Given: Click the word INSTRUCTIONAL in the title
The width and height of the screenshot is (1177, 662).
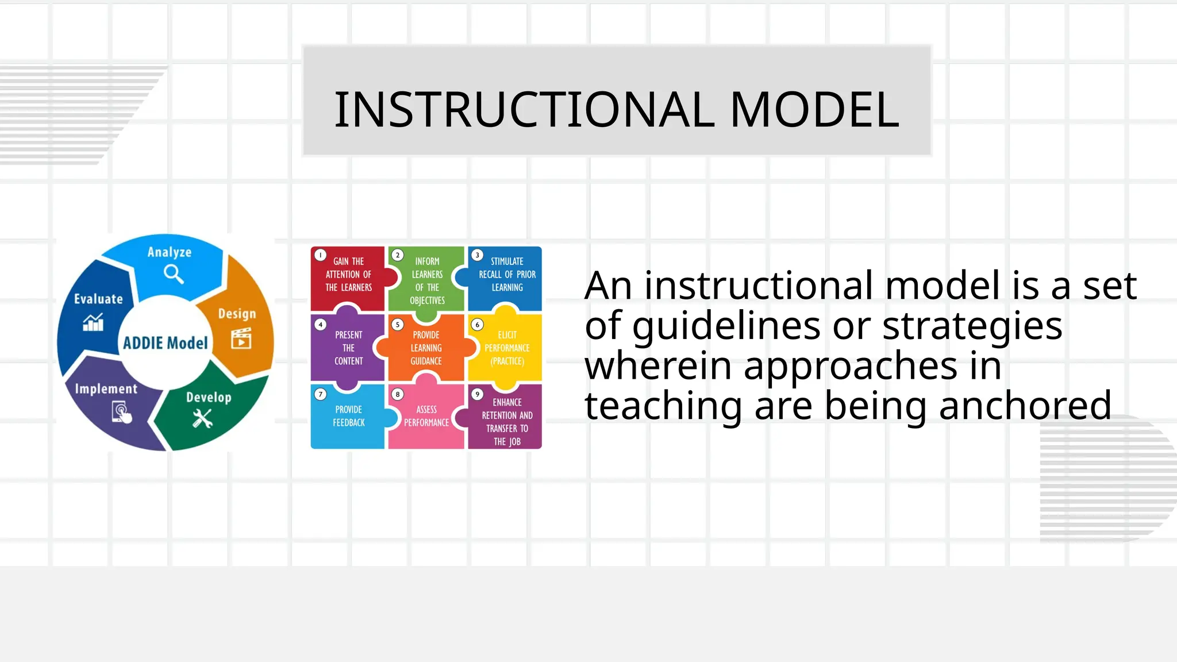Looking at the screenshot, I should click(524, 110).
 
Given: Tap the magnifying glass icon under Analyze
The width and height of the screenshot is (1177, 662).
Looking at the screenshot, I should click(173, 274).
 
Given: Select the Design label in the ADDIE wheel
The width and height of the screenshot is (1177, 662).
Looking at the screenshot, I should click(237, 314).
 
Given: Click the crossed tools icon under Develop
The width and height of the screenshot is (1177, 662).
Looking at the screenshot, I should click(202, 418).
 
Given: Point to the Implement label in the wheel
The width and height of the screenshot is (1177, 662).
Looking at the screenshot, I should click(106, 389).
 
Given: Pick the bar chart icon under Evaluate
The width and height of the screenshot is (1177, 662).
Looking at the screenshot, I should click(93, 322).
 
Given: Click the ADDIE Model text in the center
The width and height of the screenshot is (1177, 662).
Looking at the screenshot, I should click(166, 343).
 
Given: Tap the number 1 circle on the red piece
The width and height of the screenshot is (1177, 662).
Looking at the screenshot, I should click(321, 255).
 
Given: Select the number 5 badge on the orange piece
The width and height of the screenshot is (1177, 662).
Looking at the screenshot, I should click(397, 325).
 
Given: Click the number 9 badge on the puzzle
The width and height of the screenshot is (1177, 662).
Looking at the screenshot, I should click(477, 394).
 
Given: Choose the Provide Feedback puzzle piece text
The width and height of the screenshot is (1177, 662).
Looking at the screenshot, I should click(349, 416).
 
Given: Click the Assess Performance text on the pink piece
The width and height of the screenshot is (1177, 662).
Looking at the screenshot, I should click(426, 416).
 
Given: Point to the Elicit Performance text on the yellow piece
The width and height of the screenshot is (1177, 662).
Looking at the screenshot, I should click(507, 348).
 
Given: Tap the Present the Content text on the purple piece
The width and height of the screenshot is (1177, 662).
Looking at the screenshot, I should click(349, 348).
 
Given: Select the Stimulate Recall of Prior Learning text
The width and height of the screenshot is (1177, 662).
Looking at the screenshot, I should click(507, 274).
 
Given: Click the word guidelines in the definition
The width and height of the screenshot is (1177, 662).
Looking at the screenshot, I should click(726, 326).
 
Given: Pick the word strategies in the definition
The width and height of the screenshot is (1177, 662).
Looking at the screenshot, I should click(972, 326).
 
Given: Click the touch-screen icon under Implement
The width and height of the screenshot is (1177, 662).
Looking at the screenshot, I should click(121, 413).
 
